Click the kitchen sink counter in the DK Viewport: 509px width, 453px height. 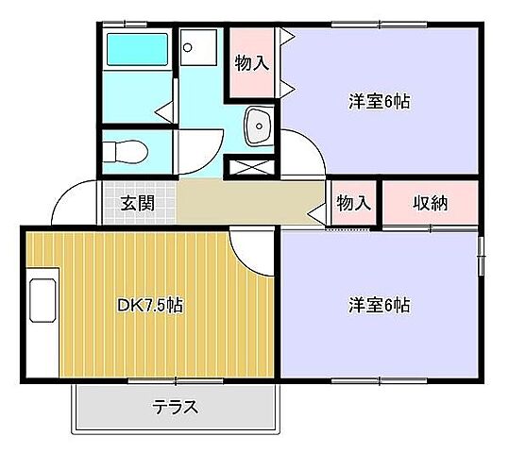pos(43,311)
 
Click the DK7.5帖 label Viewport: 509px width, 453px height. pos(150,306)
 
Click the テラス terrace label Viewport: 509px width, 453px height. pos(176,408)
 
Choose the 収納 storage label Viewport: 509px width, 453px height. pos(430,202)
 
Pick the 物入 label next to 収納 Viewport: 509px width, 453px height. pos(353,202)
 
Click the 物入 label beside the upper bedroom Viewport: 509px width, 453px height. pos(251,64)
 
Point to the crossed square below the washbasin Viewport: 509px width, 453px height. pos(250,167)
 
